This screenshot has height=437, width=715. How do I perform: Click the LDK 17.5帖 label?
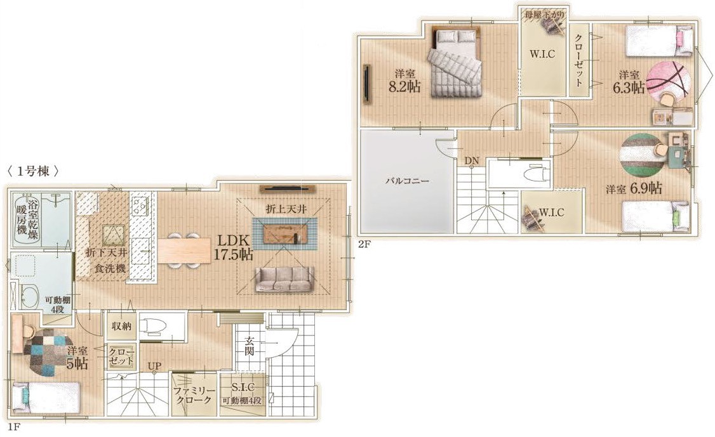(233, 247)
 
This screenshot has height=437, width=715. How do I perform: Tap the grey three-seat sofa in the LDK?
(284, 279)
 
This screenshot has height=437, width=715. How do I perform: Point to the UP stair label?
(154, 367)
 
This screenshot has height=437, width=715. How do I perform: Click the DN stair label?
(472, 160)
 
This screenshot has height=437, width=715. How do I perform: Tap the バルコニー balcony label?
(407, 181)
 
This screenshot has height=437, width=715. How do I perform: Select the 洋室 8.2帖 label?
(404, 81)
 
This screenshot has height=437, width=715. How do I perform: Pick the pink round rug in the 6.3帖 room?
(669, 84)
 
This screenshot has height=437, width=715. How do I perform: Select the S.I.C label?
(243, 388)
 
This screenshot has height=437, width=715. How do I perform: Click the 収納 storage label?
(122, 326)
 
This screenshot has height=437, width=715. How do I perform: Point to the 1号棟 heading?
(34, 171)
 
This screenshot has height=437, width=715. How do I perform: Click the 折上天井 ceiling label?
(286, 209)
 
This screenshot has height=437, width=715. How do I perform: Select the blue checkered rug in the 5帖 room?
(46, 352)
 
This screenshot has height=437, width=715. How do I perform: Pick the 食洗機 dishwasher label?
(110, 268)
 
